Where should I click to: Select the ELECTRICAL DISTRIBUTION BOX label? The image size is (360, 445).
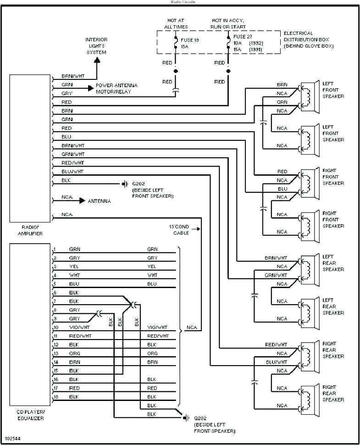click(x=308, y=39)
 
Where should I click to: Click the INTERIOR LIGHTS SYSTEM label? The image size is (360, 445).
click(x=96, y=46)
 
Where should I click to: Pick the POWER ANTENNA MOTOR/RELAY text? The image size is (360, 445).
click(x=116, y=89)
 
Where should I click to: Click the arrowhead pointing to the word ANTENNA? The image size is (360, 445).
click(x=82, y=201)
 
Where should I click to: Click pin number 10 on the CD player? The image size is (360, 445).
click(x=55, y=328)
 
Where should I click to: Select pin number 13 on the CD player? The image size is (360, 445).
click(x=55, y=353)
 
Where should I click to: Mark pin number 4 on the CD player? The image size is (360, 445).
click(x=55, y=275)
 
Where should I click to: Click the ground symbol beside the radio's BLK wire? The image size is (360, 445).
click(x=125, y=184)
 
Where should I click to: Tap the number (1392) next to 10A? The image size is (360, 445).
click(x=255, y=42)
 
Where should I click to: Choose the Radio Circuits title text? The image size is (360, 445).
click(x=183, y=2)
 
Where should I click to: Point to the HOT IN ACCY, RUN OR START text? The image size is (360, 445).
click(x=228, y=24)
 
